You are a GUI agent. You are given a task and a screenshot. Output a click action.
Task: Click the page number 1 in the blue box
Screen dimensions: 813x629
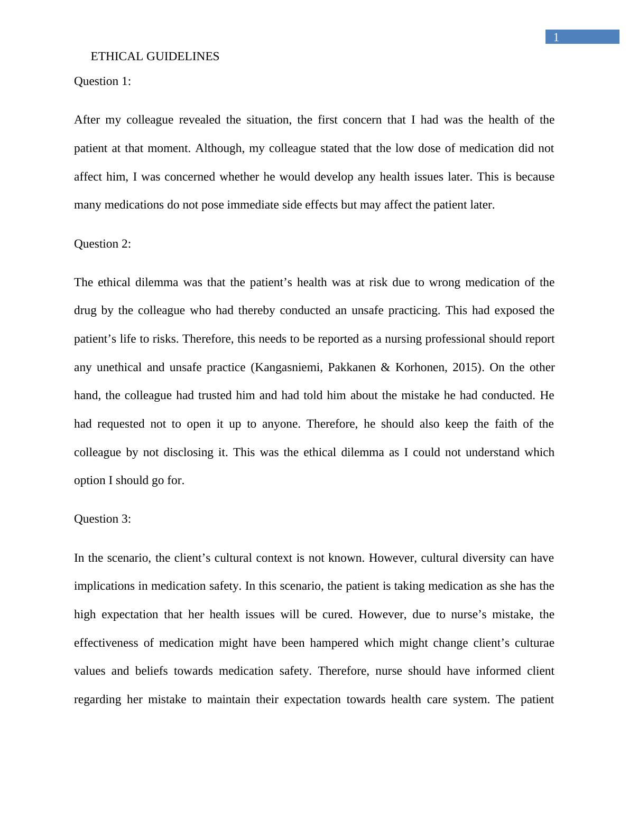pyautogui.click(x=556, y=37)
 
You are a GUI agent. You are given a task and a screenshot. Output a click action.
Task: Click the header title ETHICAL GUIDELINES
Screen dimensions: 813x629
pyautogui.click(x=155, y=56)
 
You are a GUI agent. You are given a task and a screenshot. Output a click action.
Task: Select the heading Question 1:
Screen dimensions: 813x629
pyautogui.click(x=103, y=81)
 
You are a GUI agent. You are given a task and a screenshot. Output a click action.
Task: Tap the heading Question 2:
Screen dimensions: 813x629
pyautogui.click(x=103, y=244)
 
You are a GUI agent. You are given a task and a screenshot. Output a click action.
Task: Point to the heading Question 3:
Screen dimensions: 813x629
pyautogui.click(x=103, y=519)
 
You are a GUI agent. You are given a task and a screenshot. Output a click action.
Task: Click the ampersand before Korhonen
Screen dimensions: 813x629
pyautogui.click(x=385, y=367)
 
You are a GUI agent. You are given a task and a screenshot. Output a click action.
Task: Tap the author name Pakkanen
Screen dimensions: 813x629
pyautogui.click(x=351, y=367)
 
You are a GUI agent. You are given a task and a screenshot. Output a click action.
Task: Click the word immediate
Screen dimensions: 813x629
pyautogui.click(x=253, y=205)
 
